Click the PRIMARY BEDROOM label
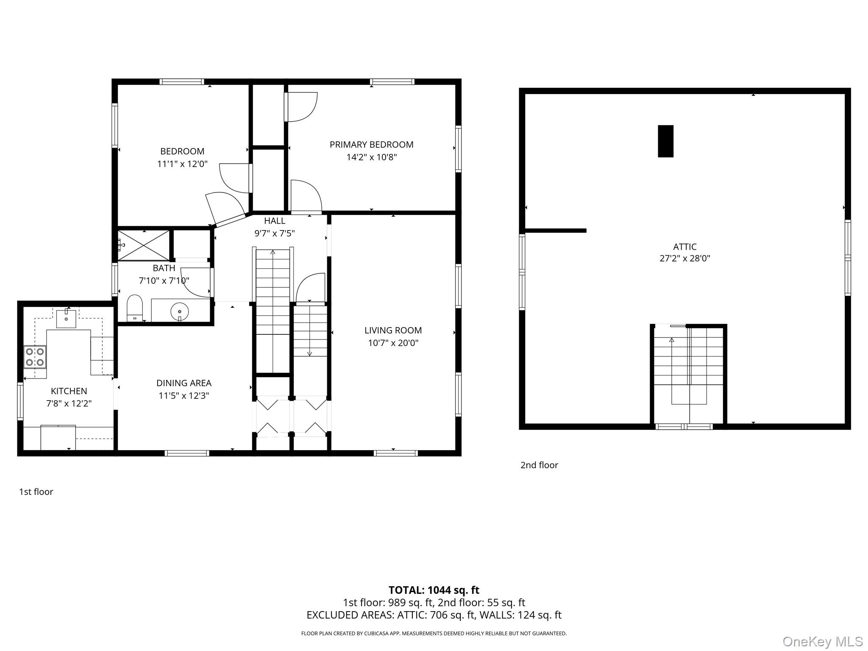(371, 145)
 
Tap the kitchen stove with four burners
(35, 356)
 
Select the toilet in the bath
(135, 308)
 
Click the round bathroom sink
(179, 312)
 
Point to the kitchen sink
(66, 319)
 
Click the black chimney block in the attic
(665, 141)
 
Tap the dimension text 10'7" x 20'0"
(393, 343)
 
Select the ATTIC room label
(684, 247)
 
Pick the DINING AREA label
(184, 383)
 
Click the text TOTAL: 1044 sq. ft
(434, 590)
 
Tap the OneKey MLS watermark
(822, 641)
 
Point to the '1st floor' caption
(36, 492)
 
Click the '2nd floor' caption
(539, 465)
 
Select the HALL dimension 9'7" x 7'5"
(274, 233)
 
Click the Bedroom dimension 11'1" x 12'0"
(182, 164)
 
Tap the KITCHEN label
(69, 391)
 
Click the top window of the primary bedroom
(392, 82)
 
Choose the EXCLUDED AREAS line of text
(434, 615)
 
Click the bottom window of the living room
(395, 453)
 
